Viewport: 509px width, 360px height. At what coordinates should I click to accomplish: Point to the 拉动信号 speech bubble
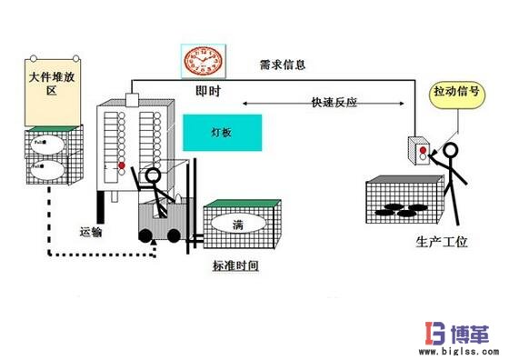457,94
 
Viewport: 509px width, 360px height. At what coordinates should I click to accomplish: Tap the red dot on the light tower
122,165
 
